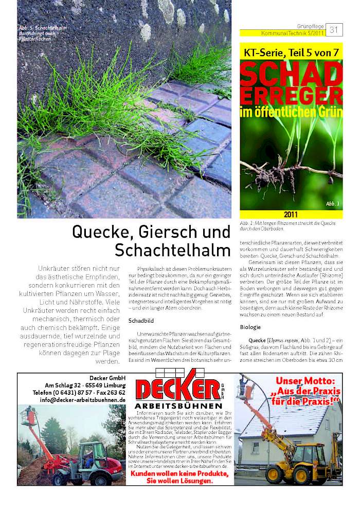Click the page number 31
pos(334,30)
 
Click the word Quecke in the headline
pos(98,233)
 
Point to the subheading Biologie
pos(250,327)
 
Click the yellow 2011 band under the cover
pos(291,215)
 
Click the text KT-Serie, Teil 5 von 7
pos(291,51)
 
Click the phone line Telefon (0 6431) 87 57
pos(80,392)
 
